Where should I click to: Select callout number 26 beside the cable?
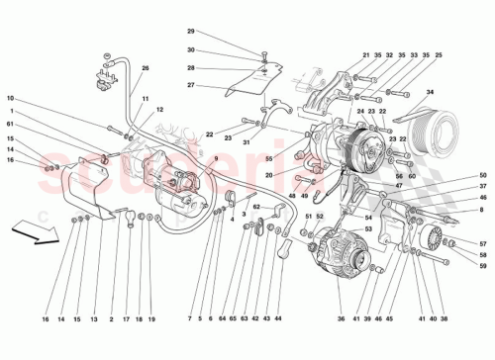click(x=145, y=67)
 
